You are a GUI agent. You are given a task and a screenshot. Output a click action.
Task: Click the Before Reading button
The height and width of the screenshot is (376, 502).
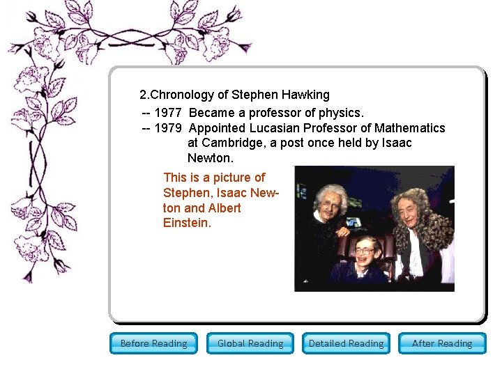point(153,343)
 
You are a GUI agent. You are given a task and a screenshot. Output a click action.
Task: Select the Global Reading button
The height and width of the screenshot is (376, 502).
point(250,343)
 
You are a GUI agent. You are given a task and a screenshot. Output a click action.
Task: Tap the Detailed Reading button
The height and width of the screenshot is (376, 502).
point(346,343)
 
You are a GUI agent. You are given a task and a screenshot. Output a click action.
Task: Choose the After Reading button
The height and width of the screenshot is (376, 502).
point(442,343)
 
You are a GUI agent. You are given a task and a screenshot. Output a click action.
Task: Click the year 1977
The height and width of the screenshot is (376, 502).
point(168,112)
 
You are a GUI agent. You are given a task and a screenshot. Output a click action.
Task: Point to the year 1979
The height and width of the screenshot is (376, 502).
point(168,128)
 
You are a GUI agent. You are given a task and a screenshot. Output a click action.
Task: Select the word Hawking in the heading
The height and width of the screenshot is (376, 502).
point(305,95)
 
